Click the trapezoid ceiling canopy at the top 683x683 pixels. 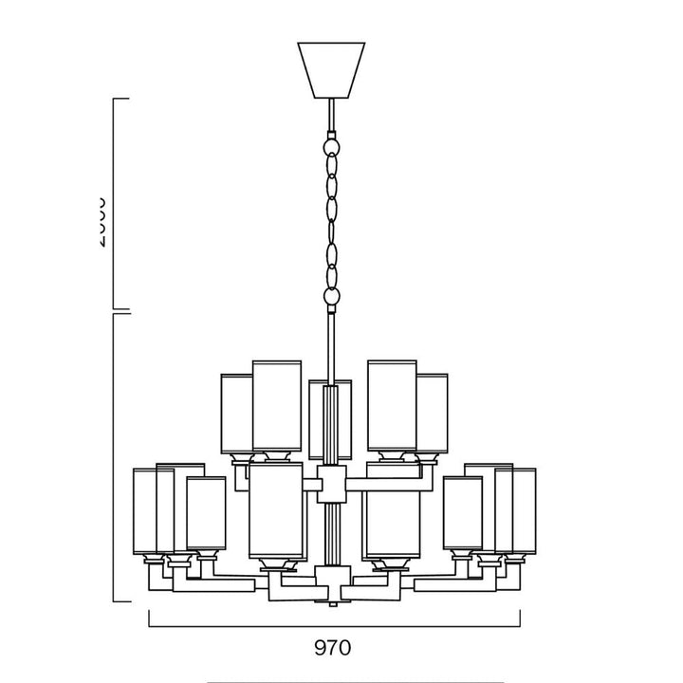331,68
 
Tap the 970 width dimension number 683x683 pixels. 332,648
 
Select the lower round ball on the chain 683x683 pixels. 331,299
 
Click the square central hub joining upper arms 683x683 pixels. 331,484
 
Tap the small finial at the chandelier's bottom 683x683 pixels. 331,603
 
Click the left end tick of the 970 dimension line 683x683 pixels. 150,618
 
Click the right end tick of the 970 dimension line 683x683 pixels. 519,618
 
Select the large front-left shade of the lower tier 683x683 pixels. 275,512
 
